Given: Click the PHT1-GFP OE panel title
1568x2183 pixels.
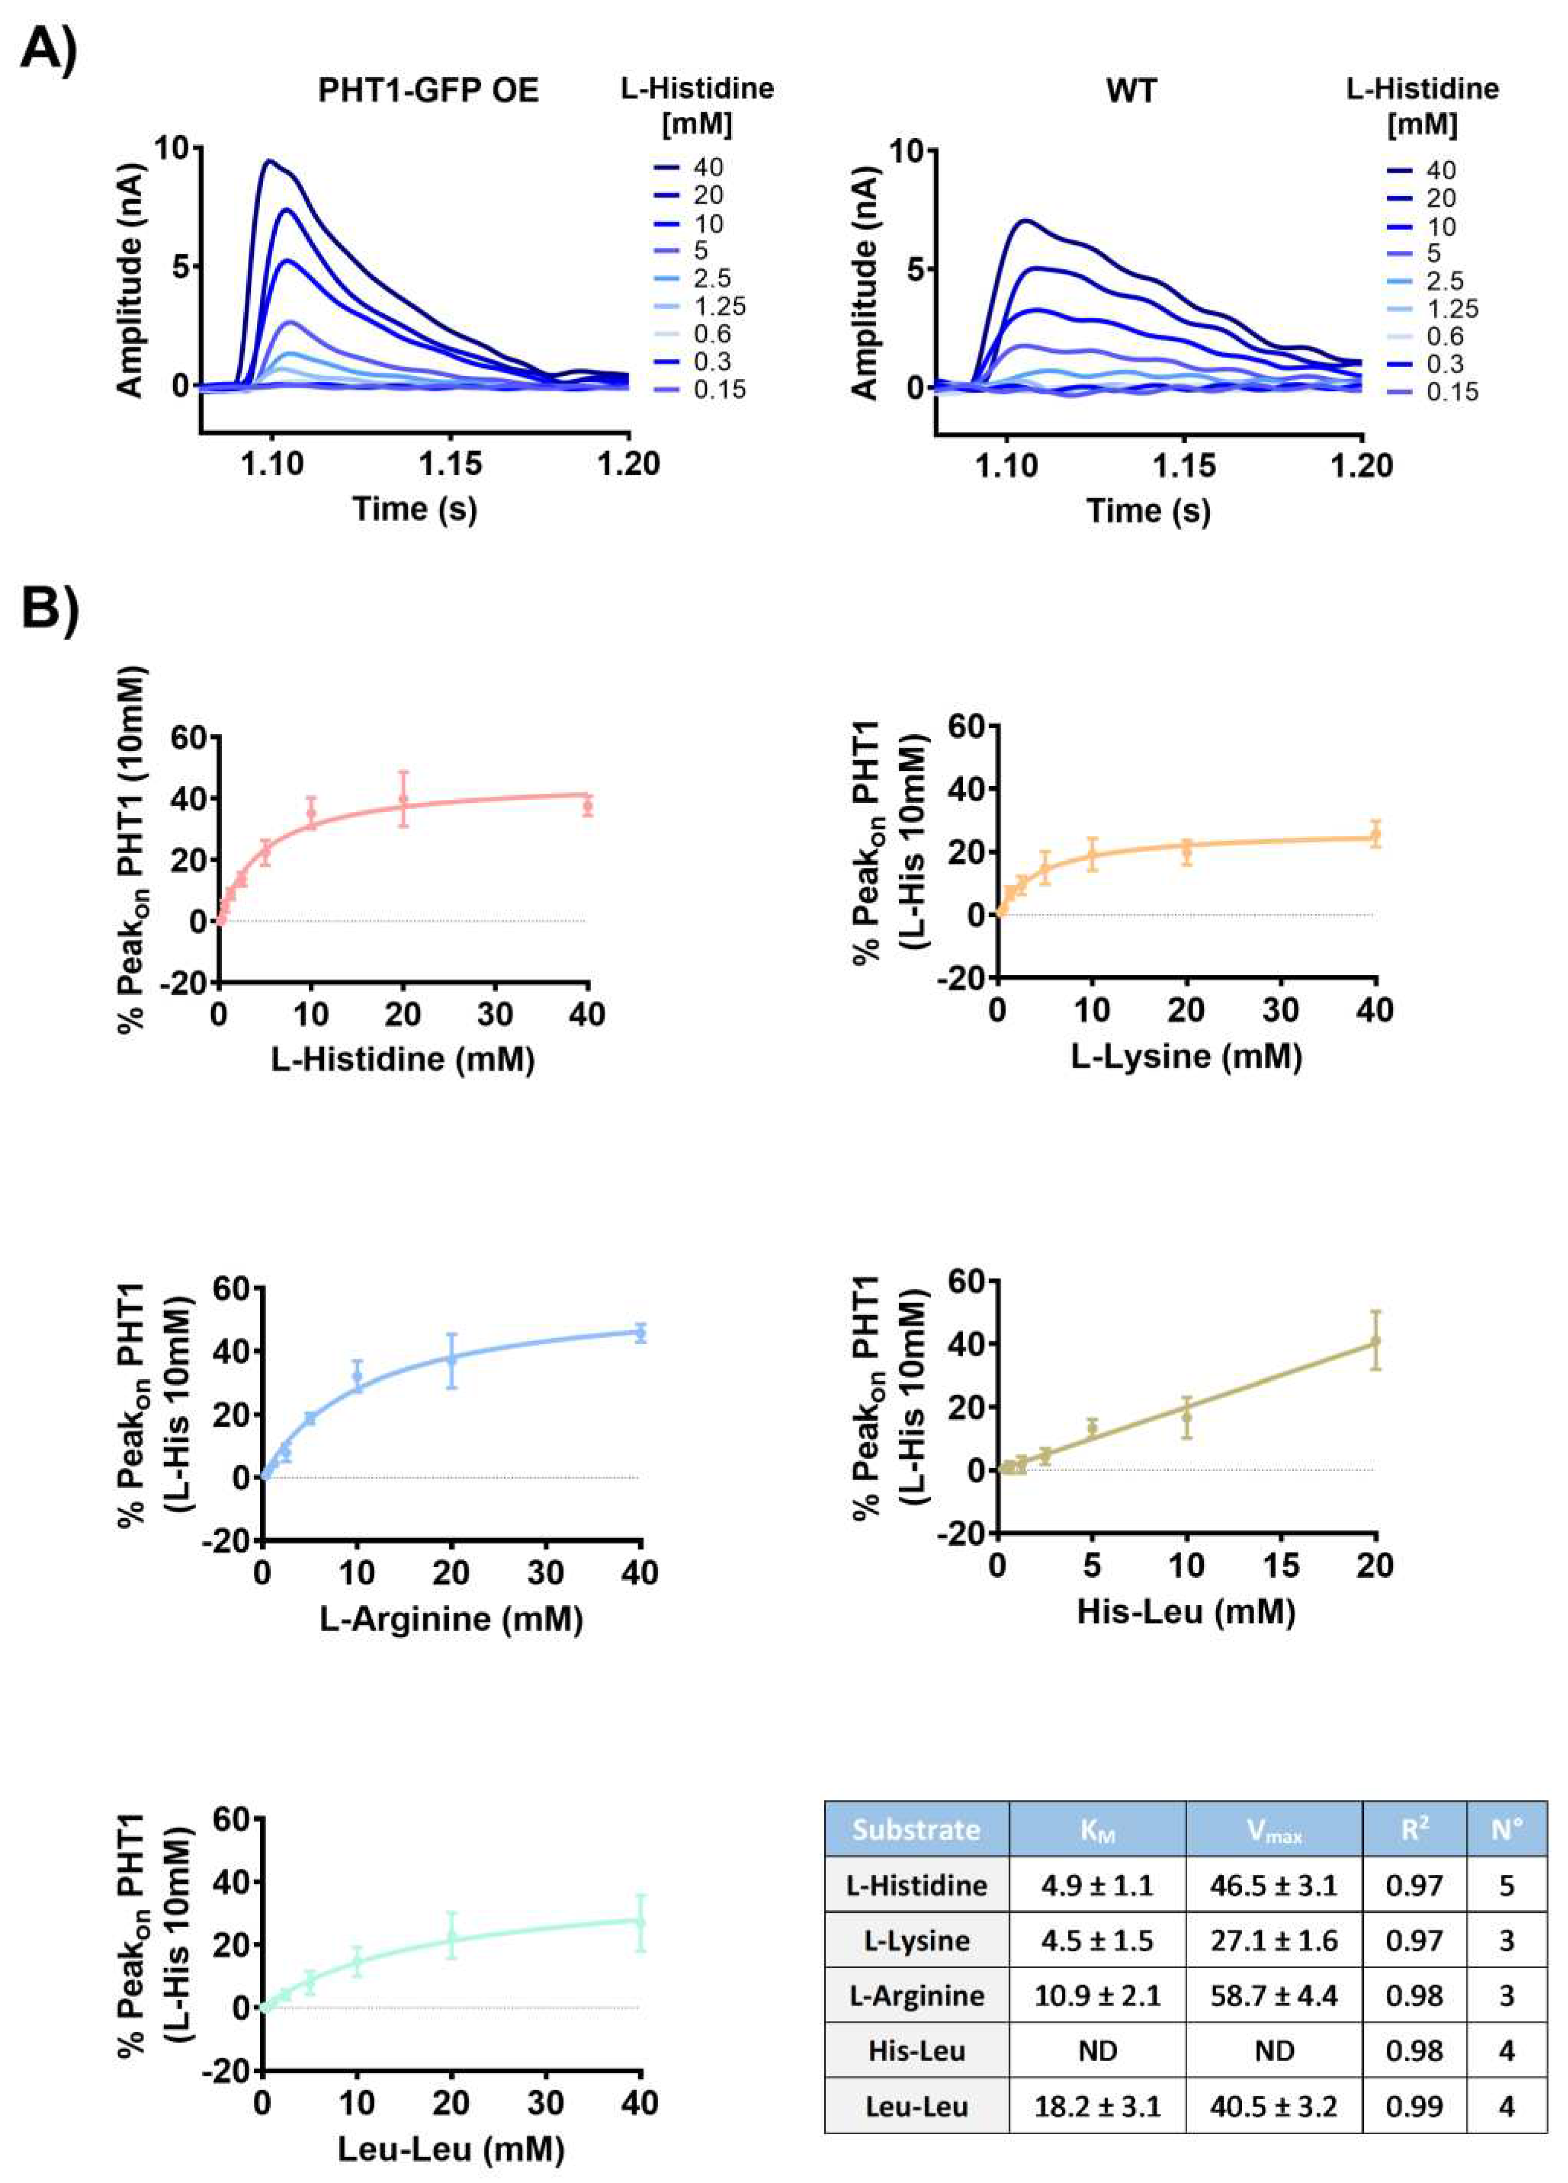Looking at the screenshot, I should click(429, 90).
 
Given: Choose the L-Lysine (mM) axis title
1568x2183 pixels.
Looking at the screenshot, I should click(1186, 1056).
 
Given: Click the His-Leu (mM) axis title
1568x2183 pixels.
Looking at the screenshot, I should click(1186, 1611).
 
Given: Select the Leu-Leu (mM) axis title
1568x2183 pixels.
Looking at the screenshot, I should click(451, 2149).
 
